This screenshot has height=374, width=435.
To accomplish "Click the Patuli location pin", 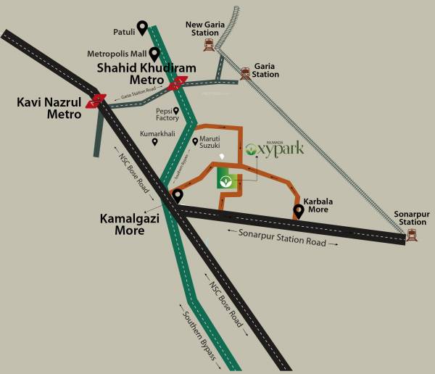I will (x=142, y=28).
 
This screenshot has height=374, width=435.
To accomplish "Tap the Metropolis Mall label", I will (x=117, y=54).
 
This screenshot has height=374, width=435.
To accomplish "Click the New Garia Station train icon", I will (x=210, y=44).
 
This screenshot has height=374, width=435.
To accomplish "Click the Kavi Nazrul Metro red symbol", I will (x=96, y=101).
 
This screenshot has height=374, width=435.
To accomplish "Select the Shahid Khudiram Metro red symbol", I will (x=177, y=85).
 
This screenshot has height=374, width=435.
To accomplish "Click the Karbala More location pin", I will (x=298, y=211).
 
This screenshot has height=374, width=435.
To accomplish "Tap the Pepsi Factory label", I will (x=167, y=116).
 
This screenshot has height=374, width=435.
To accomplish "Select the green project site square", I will (x=226, y=178).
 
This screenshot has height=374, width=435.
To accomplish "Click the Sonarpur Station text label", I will (x=412, y=218).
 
